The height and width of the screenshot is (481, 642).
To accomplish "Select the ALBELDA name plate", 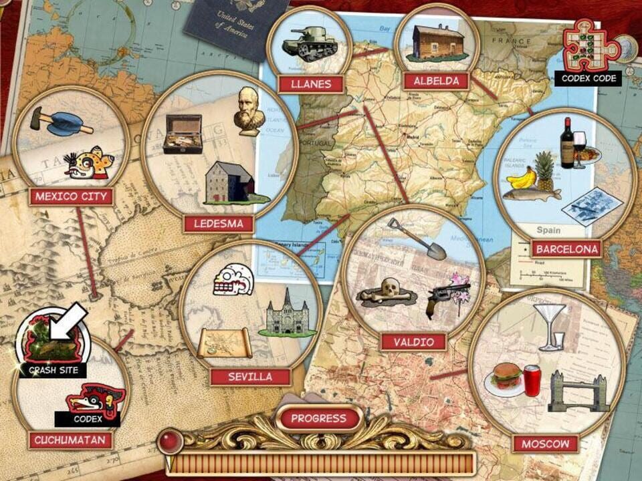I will (435, 82).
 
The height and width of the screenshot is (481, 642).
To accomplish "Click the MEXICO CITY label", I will (71, 196).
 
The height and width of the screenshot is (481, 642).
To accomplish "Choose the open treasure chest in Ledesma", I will (183, 134).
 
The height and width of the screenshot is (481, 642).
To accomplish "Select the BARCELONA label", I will (566, 250).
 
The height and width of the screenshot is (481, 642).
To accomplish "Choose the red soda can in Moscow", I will (532, 381).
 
